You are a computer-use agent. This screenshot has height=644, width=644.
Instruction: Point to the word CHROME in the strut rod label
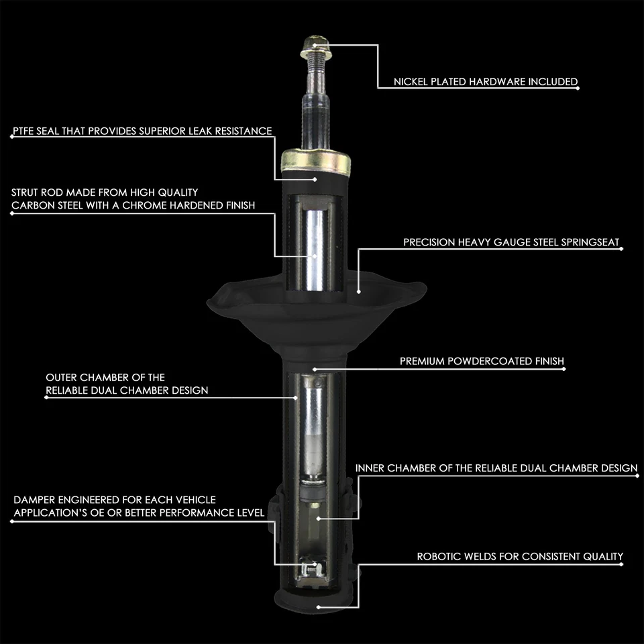(142, 205)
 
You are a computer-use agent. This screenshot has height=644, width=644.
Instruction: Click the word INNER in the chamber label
(370, 468)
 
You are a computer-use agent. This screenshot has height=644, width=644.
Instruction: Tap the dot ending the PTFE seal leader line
(316, 179)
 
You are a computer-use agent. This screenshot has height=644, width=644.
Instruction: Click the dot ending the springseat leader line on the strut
(359, 291)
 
